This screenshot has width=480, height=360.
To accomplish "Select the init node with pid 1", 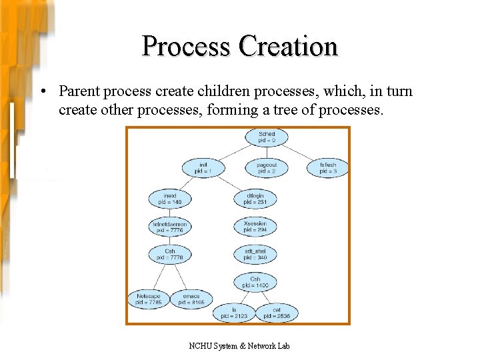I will pos(203,168).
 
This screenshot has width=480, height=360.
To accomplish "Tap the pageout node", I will pos(266,168).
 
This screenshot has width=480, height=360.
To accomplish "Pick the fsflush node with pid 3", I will pos(327,168).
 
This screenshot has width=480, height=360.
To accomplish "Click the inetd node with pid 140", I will pos(169,199).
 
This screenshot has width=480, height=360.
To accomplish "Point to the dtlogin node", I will pos(255,199).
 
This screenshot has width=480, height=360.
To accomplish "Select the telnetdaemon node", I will pos(169,227).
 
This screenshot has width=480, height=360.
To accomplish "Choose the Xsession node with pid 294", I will pos(255,227).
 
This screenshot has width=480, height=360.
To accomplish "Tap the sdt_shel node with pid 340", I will pos(255,255).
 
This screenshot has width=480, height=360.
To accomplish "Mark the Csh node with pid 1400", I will pos(255,283).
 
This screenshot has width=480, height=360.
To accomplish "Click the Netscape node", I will pos(148,299).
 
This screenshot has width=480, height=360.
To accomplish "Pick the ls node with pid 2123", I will pos(234,313).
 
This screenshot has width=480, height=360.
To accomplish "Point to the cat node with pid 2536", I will pos(276,313).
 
